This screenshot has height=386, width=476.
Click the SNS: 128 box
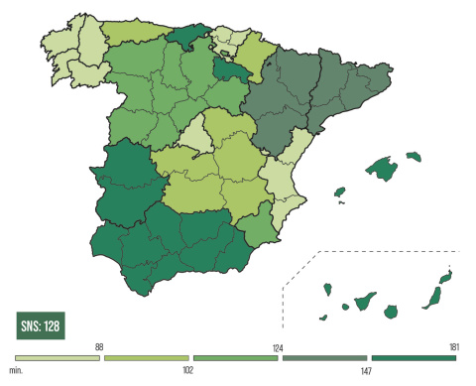[x=41, y=324]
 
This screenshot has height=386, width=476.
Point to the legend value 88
[x=100, y=346]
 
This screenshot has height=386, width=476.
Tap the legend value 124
[x=278, y=346]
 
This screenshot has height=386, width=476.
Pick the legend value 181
[x=452, y=346]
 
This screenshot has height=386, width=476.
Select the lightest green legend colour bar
[x=57, y=356]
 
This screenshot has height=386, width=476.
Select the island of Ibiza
[x=338, y=192]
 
